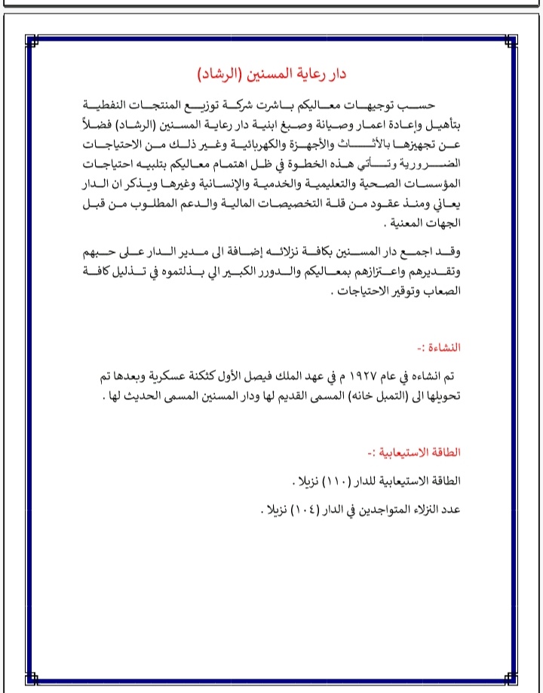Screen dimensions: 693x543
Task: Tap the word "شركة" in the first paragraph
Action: [284, 103]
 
